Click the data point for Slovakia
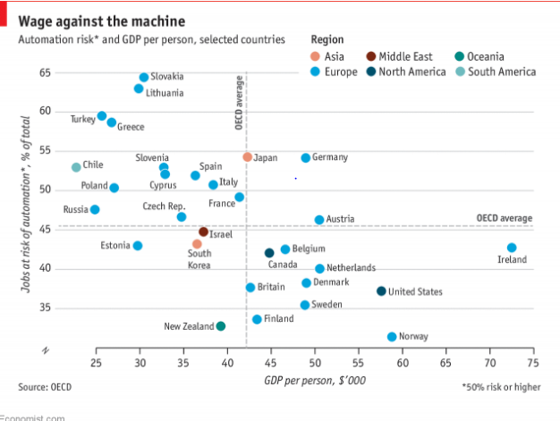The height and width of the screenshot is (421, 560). pos(144,78)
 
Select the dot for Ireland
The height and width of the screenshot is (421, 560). pos(512,248)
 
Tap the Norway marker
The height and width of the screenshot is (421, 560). pos(392,336)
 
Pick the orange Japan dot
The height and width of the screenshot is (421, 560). pos(248,157)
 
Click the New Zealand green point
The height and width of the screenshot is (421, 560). pos(221,326)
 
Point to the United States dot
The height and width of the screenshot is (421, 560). pos(381,290)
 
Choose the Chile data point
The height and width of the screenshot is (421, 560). pos(76,167)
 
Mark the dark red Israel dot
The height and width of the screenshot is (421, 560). pos(203,232)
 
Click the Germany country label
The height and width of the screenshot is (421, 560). pos(329,157)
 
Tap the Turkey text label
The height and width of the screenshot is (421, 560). pos(82,118)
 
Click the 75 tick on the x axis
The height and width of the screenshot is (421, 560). pos(532,362)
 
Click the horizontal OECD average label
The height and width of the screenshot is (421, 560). pos(504,218)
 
